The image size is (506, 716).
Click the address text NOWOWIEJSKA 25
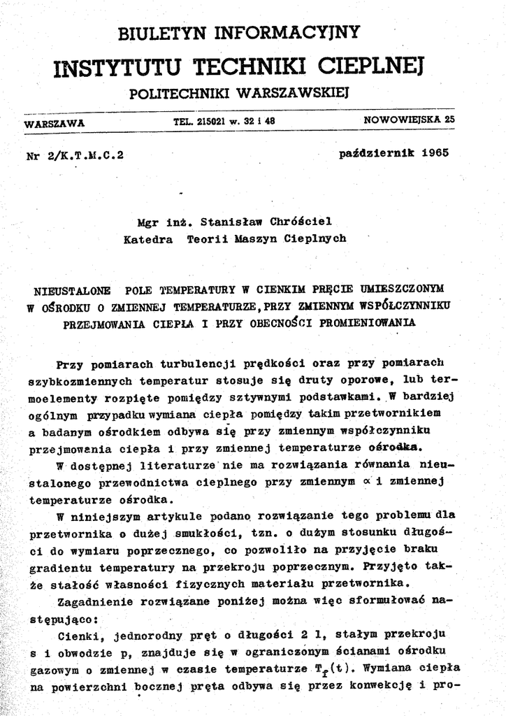coord(409,120)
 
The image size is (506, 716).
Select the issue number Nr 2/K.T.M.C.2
coord(74,155)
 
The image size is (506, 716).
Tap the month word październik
coord(370,152)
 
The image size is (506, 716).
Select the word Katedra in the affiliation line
coord(148,238)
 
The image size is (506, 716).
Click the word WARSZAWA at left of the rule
coord(55,123)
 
